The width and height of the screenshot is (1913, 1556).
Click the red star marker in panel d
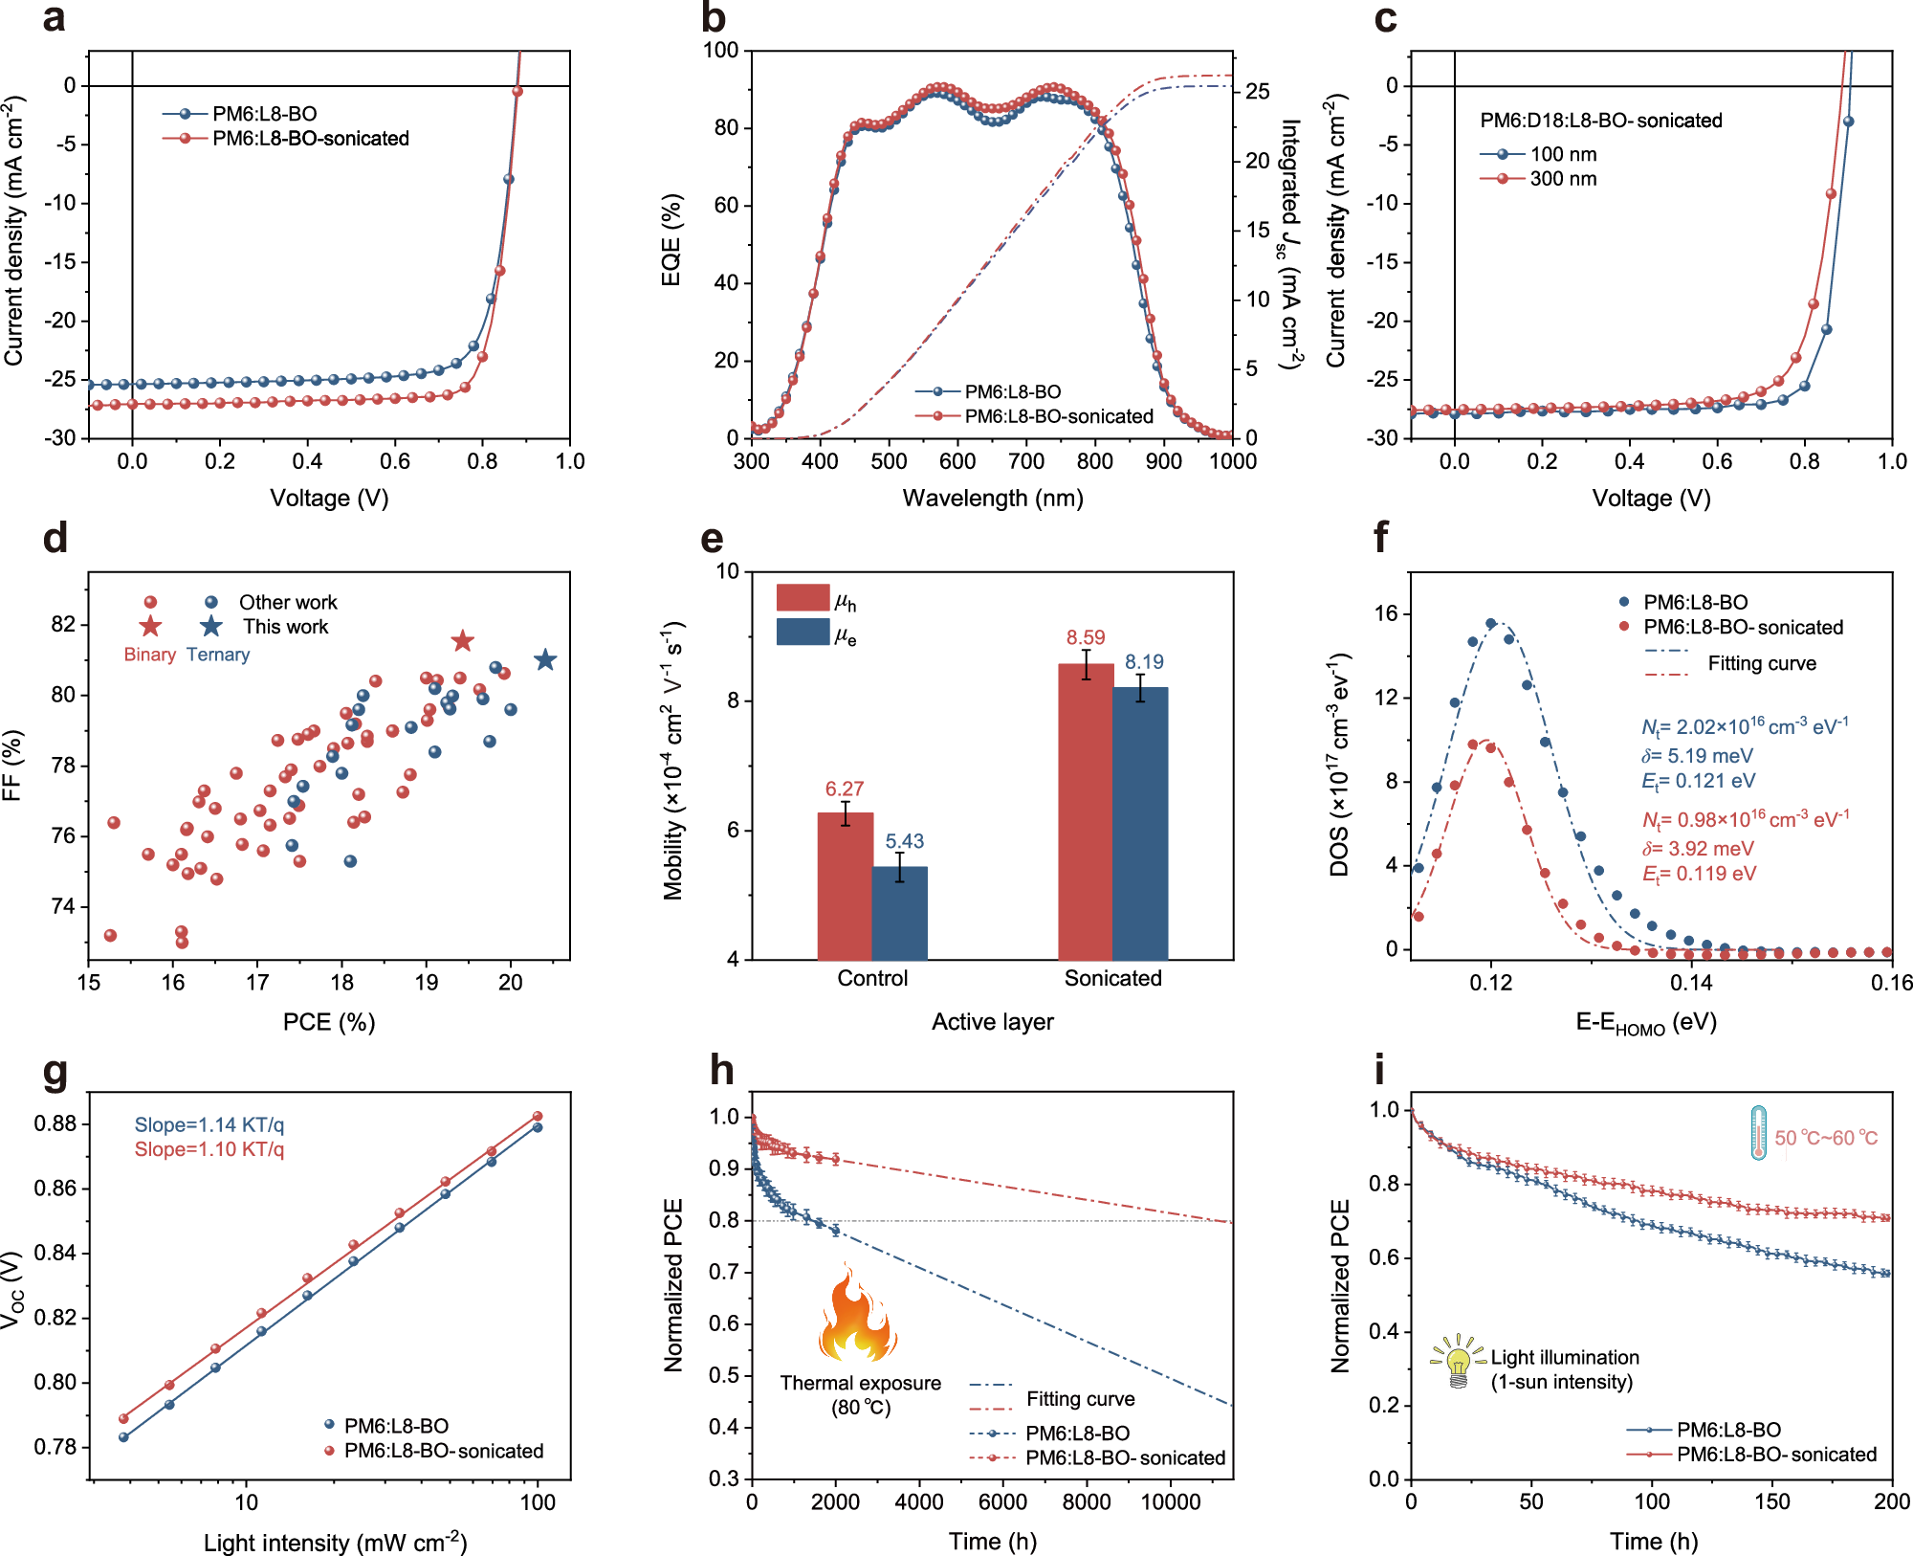[x=462, y=641]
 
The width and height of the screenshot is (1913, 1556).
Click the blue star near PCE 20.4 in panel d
[x=545, y=660]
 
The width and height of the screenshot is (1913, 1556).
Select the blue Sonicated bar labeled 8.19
[x=1140, y=823]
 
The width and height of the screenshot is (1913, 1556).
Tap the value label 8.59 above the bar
[x=1086, y=638]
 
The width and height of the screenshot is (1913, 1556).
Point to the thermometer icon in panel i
[x=1758, y=1134]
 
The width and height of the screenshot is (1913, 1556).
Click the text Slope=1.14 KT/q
[x=209, y=1124]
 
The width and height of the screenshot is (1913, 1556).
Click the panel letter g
[x=55, y=1072]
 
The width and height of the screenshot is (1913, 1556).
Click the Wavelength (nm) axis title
[x=993, y=499]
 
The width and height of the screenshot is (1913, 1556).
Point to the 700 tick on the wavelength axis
[x=1025, y=461]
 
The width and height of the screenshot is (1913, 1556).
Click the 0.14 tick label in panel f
[x=1691, y=983]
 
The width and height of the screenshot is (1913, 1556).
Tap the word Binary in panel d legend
[x=149, y=655]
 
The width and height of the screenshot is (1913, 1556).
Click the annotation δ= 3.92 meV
[x=1698, y=849]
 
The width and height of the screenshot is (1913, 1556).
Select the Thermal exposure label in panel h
[x=860, y=1384]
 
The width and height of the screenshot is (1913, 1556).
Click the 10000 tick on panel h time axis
[x=1171, y=1502]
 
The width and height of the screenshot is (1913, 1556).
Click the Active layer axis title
[x=993, y=1022]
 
